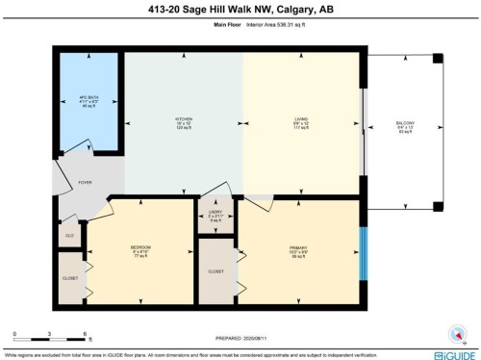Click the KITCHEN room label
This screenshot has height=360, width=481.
click(184, 120)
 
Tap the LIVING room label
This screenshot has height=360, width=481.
click(301, 120)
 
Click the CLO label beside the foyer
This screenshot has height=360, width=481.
click(68, 233)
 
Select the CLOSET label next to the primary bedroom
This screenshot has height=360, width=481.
click(216, 271)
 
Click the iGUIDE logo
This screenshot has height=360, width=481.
click(455, 352)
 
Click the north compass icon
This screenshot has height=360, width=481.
click(455, 332)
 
